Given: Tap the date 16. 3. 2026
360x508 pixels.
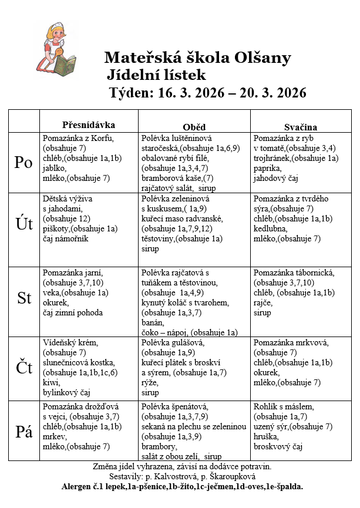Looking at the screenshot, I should tap(188, 93).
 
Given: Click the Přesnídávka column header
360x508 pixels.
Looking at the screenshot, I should tap(89, 125).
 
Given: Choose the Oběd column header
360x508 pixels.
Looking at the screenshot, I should tap(194, 127).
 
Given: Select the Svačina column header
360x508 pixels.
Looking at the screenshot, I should tap(301, 127).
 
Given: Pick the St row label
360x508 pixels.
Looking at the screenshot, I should tap(23, 298).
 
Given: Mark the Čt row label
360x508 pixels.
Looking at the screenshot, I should tap(23, 368).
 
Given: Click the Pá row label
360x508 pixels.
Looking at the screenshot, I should tap(23, 432).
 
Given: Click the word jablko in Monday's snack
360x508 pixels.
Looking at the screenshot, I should tap(53, 167).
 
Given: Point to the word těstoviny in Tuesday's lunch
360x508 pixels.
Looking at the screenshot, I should tap(160, 238).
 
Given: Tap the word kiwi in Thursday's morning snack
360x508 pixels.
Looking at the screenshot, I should tap(51, 382).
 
